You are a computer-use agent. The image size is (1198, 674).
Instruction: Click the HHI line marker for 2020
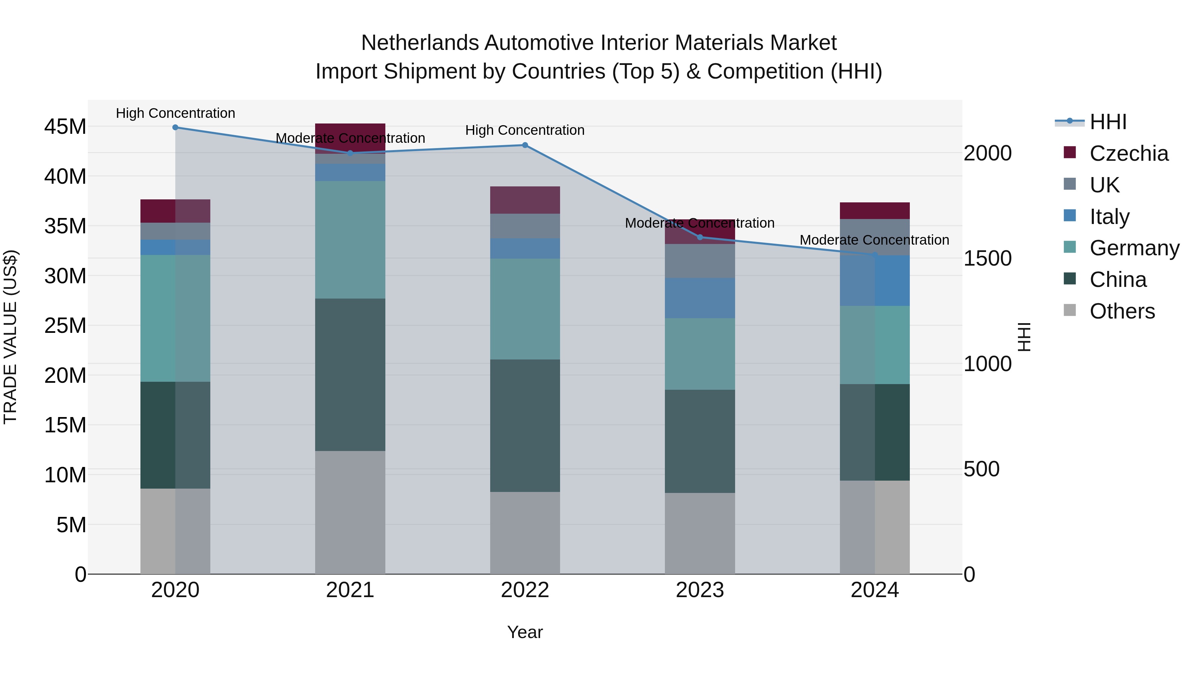(175, 127)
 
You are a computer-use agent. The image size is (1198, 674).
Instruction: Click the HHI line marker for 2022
(525, 145)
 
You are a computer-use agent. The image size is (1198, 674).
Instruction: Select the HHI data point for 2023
(700, 237)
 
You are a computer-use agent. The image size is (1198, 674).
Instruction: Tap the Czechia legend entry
(1128, 153)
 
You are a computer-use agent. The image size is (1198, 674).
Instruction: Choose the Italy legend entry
(1109, 217)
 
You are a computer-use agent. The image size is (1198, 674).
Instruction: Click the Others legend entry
(1122, 311)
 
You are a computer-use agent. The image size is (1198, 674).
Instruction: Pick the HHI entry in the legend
(1108, 122)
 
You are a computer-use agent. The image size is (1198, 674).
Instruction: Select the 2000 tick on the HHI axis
(987, 153)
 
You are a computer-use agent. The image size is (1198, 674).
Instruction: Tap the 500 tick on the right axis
(981, 469)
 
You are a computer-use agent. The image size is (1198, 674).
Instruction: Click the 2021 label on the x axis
(350, 590)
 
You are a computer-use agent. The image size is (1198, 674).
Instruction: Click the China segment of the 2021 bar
(350, 374)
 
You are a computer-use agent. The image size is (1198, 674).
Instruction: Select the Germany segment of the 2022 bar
(525, 309)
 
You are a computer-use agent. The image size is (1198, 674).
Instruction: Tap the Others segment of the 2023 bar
(700, 533)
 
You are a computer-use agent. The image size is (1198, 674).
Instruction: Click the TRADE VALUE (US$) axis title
(10, 337)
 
